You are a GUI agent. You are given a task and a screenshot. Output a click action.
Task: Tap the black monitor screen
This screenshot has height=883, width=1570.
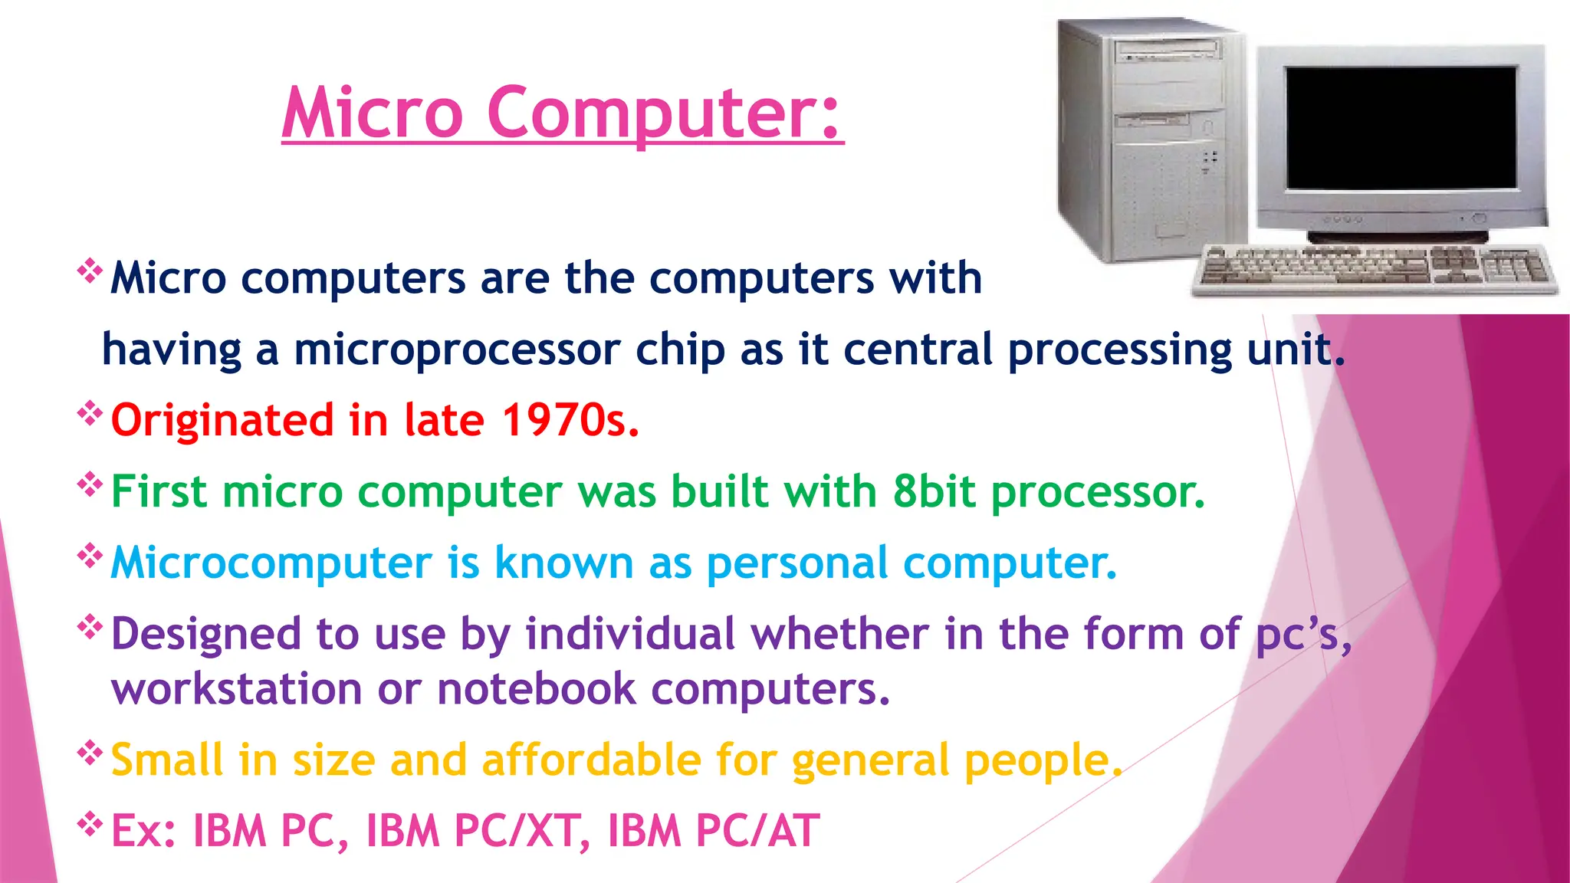[1401, 127]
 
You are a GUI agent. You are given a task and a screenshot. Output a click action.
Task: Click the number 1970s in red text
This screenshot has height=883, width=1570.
[570, 420]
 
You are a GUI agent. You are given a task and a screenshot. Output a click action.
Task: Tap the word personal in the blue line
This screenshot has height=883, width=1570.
[797, 563]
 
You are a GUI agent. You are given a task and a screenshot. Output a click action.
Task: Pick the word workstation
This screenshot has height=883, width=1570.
[236, 688]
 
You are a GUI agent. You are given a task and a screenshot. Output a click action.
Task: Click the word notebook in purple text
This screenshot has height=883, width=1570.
[536, 688]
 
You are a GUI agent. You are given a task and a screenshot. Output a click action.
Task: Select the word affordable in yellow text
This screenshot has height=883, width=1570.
[591, 760]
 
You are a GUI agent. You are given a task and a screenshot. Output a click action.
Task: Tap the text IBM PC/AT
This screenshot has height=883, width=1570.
[713, 831]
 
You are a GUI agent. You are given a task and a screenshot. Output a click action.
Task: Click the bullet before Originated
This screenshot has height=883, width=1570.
[90, 414]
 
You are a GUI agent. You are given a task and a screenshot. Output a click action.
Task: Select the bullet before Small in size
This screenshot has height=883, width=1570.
[90, 753]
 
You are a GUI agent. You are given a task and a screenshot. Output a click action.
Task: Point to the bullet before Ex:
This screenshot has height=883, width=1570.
[90, 825]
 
